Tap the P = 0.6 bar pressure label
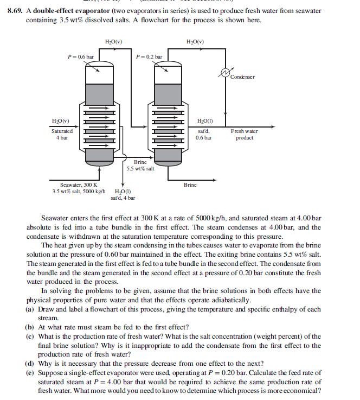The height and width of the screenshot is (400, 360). [80, 56]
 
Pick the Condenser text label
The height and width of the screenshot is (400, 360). [242, 77]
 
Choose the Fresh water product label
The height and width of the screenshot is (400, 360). [244, 135]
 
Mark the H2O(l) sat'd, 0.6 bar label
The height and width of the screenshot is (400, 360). [204, 131]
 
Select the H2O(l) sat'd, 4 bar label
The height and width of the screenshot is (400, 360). [126, 194]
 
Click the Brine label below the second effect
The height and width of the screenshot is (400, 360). [190, 185]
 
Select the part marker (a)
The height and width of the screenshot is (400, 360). [30, 309]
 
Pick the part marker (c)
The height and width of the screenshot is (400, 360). [30, 337]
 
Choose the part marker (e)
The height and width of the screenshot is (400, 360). [30, 373]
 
